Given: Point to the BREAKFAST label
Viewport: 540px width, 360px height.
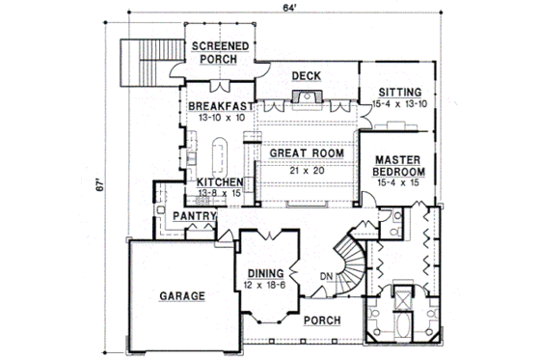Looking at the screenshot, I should point(220,106).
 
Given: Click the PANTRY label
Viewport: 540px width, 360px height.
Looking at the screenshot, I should point(192,217).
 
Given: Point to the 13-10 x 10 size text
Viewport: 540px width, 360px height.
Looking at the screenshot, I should point(220,117).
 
